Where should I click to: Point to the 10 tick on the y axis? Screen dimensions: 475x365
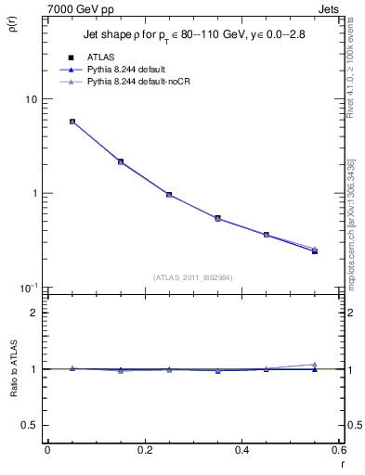point(32,99)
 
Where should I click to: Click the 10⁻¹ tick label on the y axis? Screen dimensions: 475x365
point(28,287)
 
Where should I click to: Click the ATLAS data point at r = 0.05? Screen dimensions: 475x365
point(72,122)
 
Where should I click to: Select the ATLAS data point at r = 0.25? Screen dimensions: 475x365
point(168,195)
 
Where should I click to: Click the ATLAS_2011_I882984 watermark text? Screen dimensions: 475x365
point(192,276)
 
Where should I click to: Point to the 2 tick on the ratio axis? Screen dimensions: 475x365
point(36,313)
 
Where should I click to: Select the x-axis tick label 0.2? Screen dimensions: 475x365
point(144,450)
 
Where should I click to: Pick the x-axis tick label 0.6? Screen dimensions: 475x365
point(338,450)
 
